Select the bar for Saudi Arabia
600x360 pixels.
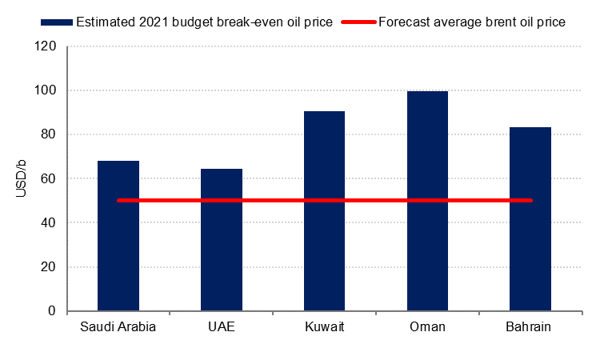118,235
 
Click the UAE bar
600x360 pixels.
222,239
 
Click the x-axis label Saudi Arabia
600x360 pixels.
118,328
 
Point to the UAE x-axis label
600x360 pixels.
222,328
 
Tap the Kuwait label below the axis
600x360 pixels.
325,328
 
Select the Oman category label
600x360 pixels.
427,328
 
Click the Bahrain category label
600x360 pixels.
530,328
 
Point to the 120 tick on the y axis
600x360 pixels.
46,46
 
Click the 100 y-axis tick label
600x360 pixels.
46,90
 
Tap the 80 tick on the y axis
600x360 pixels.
49,134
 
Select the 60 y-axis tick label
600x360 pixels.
49,178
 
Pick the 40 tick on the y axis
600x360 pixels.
49,222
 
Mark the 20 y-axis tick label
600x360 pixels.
49,266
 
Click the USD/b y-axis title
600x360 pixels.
22,178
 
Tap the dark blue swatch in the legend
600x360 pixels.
57,22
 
